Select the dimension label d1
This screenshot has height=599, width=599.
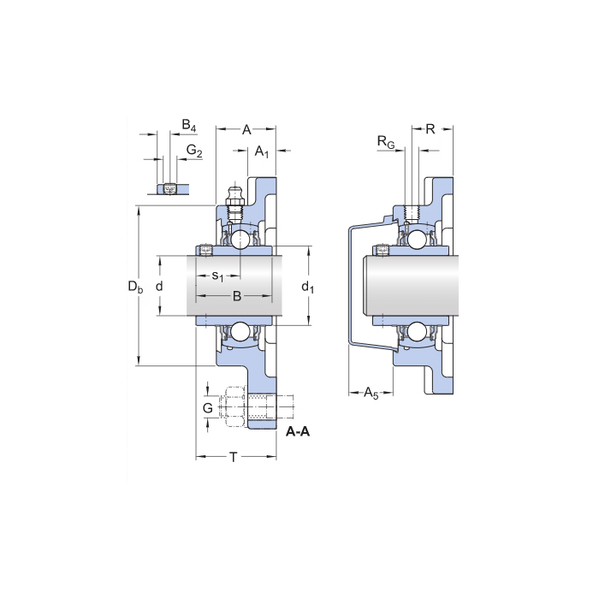point(308,288)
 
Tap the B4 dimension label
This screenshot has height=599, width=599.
point(189,126)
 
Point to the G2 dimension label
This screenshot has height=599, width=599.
point(194,151)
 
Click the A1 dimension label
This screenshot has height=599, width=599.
point(263,152)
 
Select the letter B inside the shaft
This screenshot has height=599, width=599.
point(237,296)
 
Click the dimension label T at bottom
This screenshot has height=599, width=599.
point(233,458)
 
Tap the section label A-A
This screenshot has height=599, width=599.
point(298,431)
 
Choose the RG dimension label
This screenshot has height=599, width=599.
point(387,141)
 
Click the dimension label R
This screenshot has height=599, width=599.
point(430,129)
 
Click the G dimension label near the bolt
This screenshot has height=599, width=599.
point(207,408)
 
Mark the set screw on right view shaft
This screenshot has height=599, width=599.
point(382,251)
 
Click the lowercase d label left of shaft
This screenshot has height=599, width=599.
point(159,288)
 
